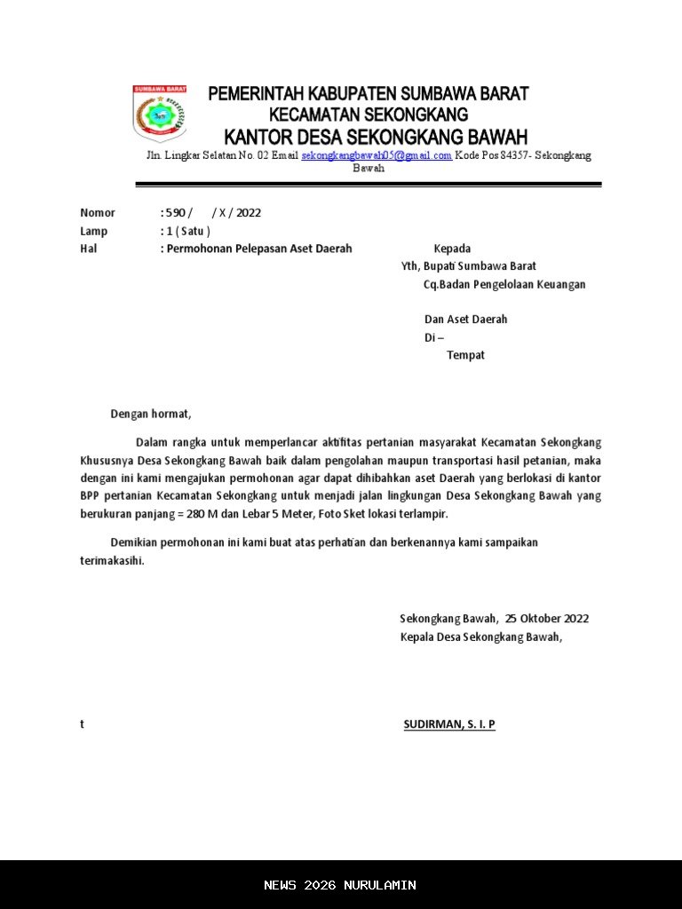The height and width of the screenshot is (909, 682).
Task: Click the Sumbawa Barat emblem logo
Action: click(159, 114)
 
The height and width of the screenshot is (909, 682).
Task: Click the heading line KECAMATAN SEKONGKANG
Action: click(368, 115)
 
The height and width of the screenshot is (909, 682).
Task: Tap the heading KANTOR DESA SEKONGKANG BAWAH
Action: click(376, 138)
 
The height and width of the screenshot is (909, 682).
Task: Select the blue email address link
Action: click(377, 155)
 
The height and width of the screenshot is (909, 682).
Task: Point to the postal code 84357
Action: click(516, 155)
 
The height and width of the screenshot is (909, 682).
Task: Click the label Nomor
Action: click(98, 213)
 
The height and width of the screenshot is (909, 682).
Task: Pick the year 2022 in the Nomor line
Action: click(249, 213)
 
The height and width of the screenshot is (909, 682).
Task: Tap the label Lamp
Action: click(93, 231)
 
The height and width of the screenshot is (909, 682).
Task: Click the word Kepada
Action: click(452, 249)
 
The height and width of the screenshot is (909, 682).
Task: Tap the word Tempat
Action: click(465, 355)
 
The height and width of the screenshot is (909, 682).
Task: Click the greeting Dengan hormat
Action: click(150, 414)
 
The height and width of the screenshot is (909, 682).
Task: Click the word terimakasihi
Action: click(111, 561)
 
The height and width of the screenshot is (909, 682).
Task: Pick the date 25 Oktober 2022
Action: click(547, 619)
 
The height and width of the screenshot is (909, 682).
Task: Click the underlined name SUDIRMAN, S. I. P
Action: click(449, 724)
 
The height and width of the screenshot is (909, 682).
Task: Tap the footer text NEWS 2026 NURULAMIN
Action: click(340, 885)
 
